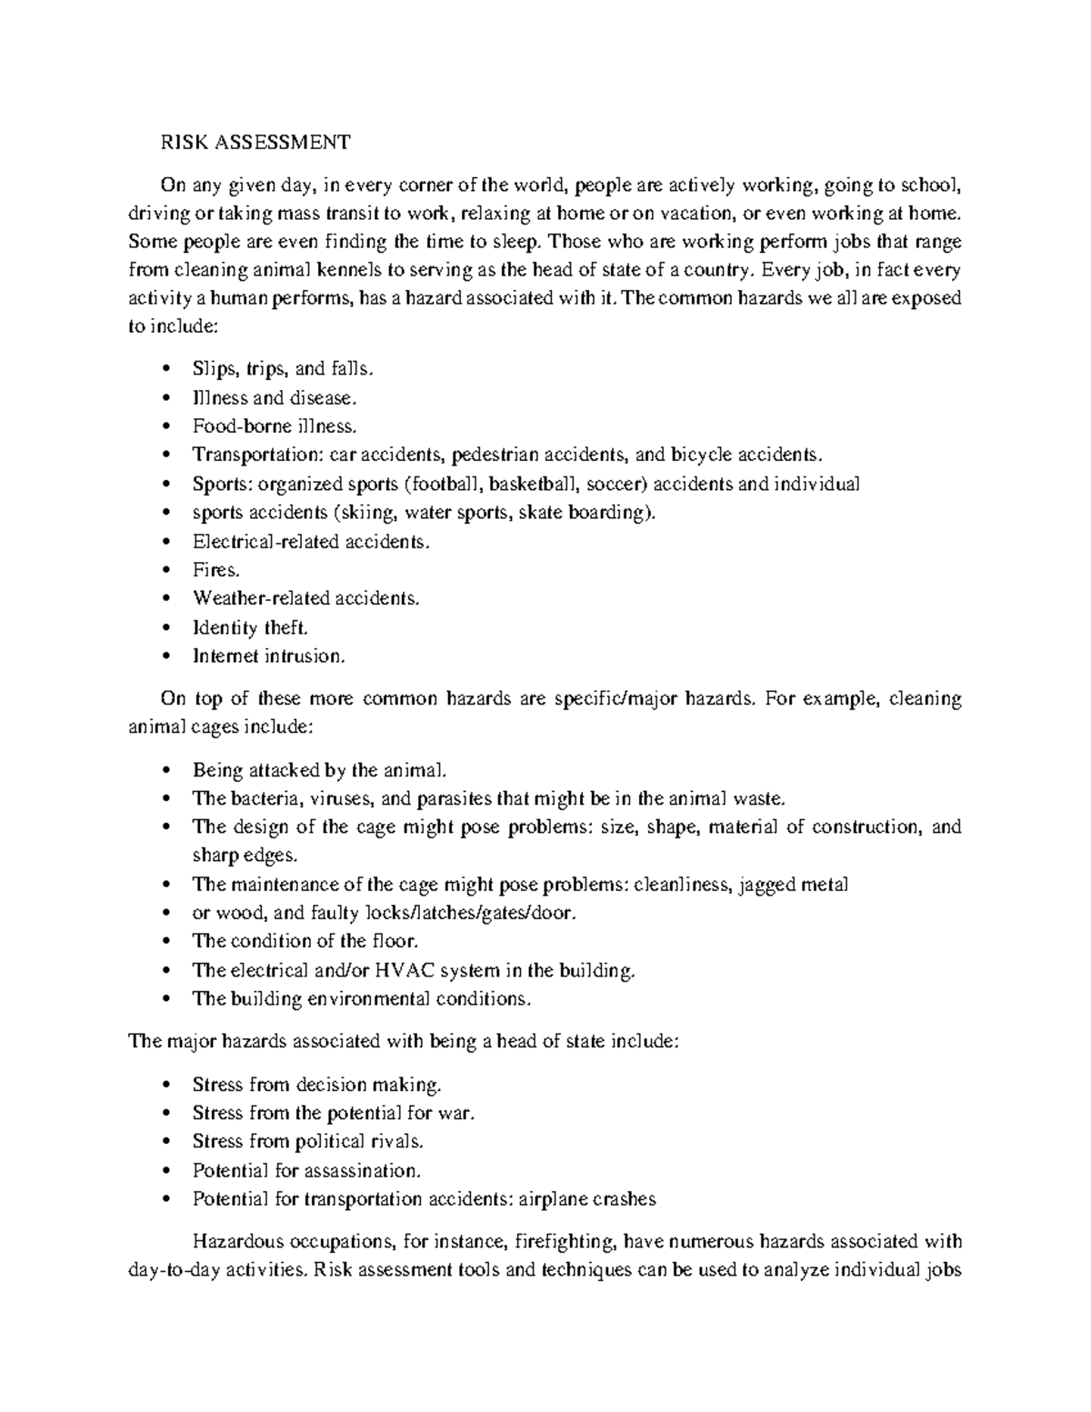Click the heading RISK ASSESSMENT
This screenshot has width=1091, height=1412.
255,142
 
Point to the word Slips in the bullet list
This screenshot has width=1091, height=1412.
214,369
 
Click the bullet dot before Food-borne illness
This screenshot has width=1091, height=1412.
165,426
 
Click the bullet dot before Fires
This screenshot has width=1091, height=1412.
165,570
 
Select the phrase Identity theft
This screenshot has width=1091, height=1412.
251,627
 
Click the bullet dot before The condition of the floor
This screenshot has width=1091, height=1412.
165,942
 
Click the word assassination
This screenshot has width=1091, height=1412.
362,1170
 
